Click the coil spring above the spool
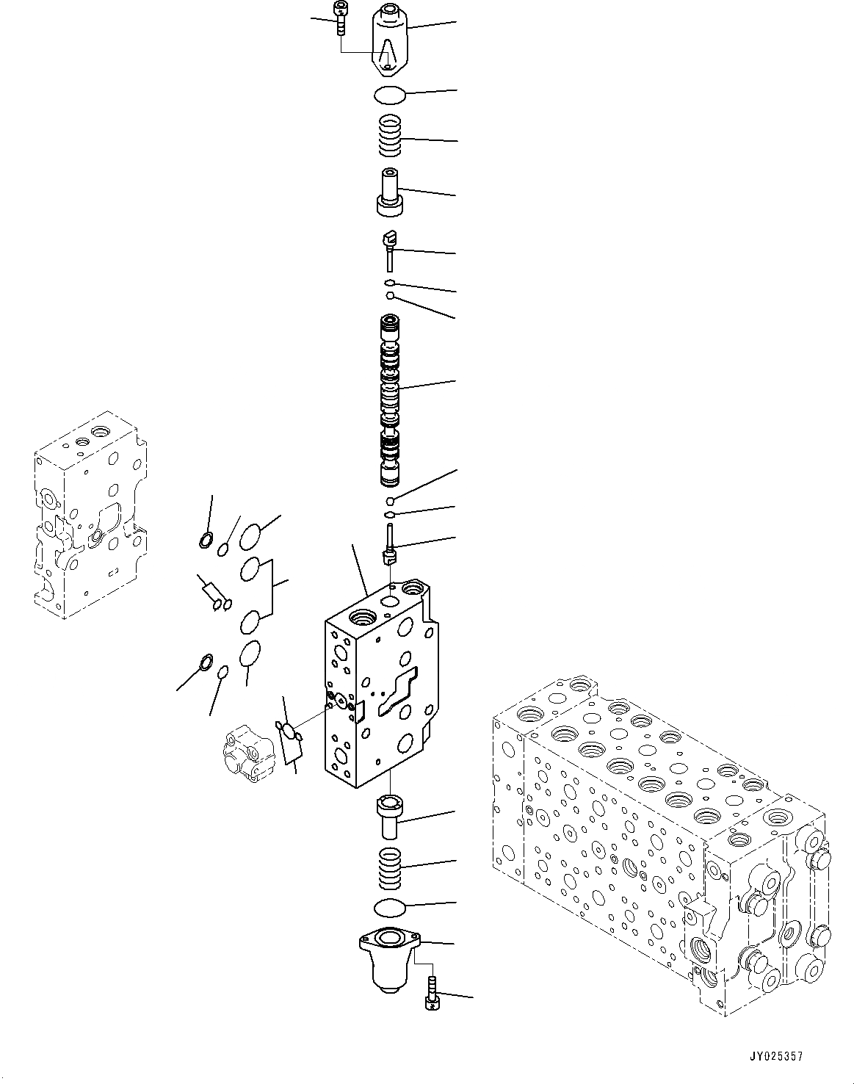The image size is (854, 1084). (390, 135)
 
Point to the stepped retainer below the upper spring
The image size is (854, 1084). (389, 193)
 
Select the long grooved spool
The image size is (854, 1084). (390, 400)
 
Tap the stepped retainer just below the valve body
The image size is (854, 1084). (389, 815)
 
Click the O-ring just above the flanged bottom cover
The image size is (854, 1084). (389, 908)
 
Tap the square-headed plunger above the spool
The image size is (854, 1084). (390, 248)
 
